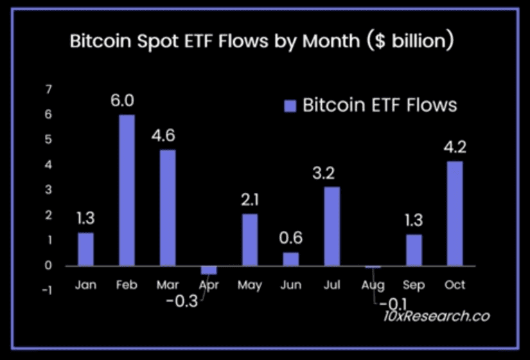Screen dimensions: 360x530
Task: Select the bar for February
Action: tap(127, 190)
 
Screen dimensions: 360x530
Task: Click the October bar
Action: tap(454, 213)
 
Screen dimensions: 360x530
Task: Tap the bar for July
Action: tap(331, 226)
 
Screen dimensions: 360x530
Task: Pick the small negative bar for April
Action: tap(209, 270)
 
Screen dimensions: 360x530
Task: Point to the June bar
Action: tap(290, 259)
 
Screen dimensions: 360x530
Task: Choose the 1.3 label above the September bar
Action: tap(414, 222)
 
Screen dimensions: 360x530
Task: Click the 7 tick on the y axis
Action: tap(48, 89)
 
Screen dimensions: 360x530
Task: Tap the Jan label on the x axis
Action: tap(85, 285)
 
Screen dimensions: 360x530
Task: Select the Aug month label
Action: tap(373, 285)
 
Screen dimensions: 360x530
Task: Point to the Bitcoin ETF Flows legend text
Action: tap(380, 105)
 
